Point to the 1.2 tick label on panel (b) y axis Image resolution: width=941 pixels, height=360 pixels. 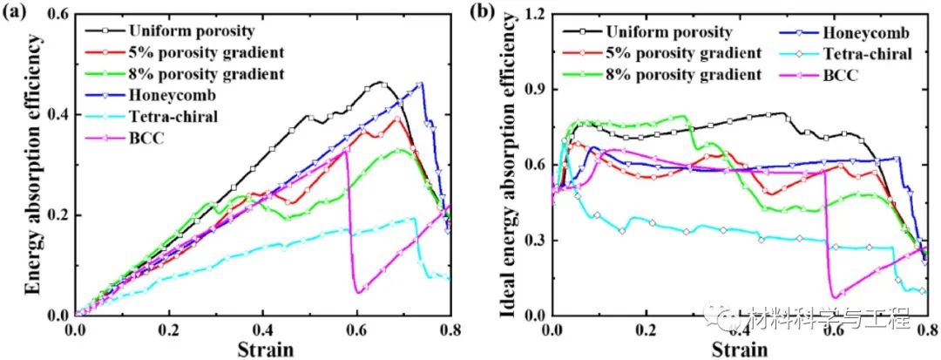tap(532, 15)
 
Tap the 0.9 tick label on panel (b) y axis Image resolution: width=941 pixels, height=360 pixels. tap(532, 90)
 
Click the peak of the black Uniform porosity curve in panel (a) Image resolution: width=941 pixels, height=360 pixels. tap(380, 83)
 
